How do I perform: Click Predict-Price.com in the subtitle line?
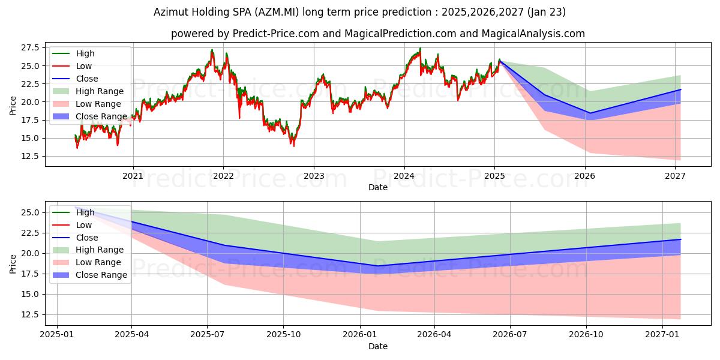click(271, 34)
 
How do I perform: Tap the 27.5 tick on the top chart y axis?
click(30, 47)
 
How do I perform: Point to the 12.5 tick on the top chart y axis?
click(30, 156)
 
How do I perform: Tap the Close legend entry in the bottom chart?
click(87, 238)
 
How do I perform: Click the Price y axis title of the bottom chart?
click(13, 263)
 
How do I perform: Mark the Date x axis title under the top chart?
click(378, 187)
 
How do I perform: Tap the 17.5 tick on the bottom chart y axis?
click(30, 274)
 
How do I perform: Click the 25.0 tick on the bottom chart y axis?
click(30, 212)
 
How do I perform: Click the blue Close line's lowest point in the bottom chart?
click(377, 266)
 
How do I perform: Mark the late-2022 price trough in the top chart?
click(293, 145)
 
